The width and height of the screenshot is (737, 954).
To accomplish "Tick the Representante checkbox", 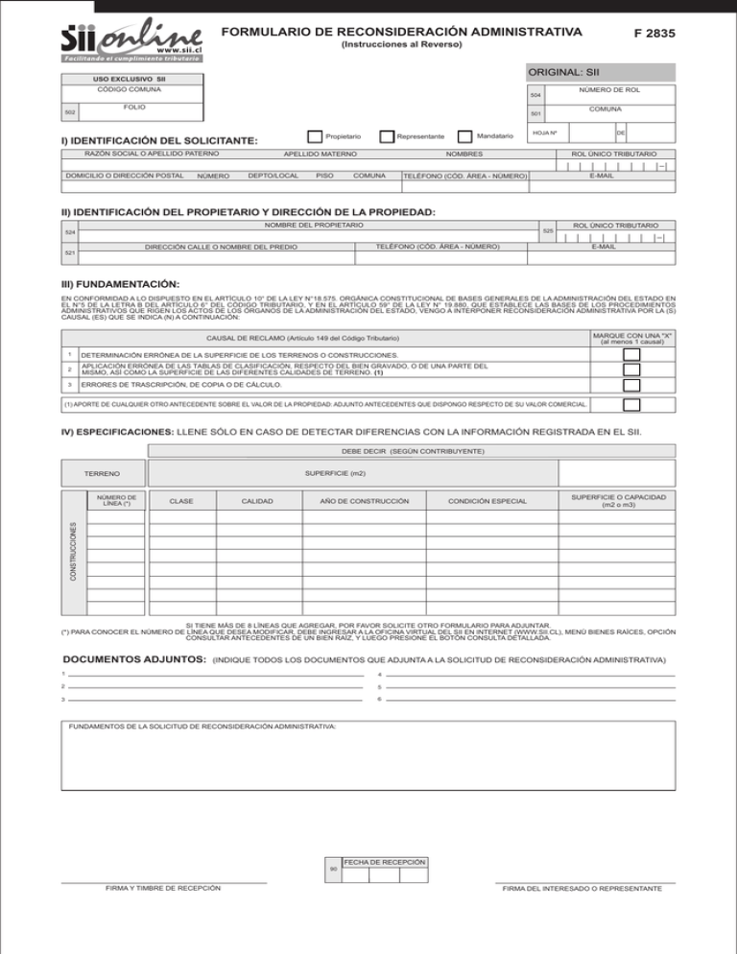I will click(387, 137).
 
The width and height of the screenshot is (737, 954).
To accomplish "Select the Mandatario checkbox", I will click(465, 137).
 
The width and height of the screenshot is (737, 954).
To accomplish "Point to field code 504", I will click(536, 96).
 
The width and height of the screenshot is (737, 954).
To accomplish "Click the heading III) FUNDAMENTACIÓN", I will click(120, 285).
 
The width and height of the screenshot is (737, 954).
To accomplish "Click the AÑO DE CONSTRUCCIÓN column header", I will click(358, 501).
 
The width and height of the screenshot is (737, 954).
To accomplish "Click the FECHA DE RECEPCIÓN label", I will click(384, 862).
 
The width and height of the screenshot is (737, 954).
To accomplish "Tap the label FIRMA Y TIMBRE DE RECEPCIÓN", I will click(163, 888).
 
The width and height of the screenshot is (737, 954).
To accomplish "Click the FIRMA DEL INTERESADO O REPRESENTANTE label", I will click(584, 889).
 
